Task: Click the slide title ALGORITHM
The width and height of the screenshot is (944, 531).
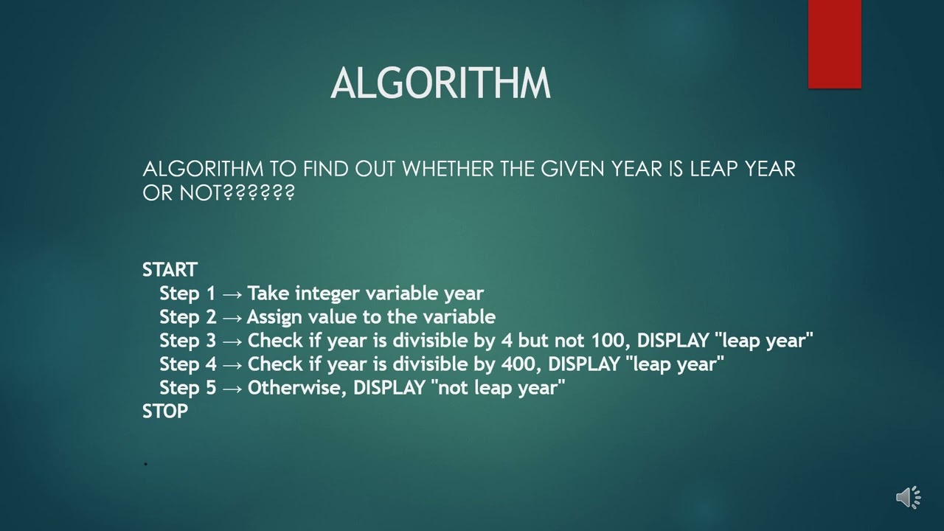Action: click(440, 83)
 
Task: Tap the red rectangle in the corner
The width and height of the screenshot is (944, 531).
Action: click(834, 44)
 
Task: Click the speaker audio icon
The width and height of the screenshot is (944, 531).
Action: click(908, 497)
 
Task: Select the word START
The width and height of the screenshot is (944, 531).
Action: click(170, 270)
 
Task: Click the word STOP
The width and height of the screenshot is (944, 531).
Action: click(165, 412)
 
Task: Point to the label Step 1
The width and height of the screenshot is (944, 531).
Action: click(187, 294)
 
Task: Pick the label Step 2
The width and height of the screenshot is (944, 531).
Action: click(187, 317)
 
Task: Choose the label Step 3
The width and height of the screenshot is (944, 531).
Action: click(187, 341)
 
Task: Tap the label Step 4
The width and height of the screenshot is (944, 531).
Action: click(187, 364)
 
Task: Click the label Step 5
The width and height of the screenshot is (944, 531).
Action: click(187, 388)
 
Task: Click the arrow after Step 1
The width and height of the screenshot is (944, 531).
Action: click(232, 294)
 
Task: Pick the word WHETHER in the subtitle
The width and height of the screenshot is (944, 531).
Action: click(448, 169)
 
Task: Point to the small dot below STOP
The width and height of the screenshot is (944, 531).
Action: click(146, 463)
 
